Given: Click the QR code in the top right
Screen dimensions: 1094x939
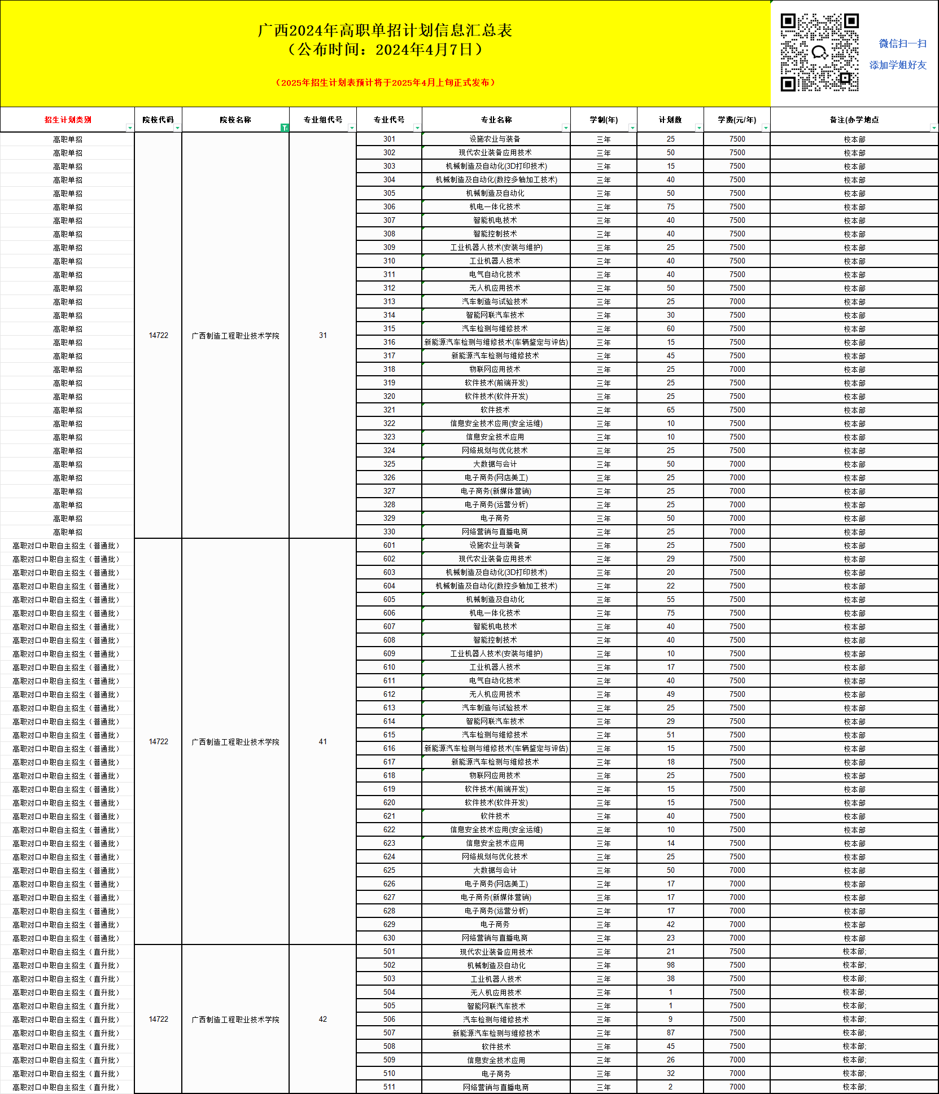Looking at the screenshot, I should (819, 52).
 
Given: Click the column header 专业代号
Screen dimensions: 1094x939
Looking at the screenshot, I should (389, 120).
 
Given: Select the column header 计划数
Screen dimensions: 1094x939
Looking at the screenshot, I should (670, 120).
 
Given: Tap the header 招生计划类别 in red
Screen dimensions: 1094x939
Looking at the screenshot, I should (68, 120).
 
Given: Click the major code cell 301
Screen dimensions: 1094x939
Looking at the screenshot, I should (389, 139).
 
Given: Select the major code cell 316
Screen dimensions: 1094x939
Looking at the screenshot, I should (389, 342).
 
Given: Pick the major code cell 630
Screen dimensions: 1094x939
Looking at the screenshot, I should (389, 938).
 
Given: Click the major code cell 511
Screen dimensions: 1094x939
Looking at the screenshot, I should (389, 1087).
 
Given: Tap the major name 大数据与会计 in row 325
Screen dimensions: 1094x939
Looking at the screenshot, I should (495, 464).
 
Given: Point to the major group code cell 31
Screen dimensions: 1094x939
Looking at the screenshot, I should (323, 336).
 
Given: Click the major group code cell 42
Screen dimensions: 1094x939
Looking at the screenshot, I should (323, 1020).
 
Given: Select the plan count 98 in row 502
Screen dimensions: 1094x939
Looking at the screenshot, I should (670, 965).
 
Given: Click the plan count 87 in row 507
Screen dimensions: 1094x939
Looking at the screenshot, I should (670, 1033).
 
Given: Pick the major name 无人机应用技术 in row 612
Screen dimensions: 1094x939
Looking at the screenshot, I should (495, 695).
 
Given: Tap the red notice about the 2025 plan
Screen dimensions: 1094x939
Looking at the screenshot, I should (386, 83).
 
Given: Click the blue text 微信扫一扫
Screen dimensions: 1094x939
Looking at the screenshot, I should (902, 44).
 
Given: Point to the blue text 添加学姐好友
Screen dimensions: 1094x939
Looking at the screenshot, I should (898, 65).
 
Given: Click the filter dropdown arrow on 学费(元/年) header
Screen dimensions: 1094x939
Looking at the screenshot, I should (766, 128).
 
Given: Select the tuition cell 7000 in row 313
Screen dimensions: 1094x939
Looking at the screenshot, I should (737, 302).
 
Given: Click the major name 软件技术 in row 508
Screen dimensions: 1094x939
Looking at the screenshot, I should (496, 1047).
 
